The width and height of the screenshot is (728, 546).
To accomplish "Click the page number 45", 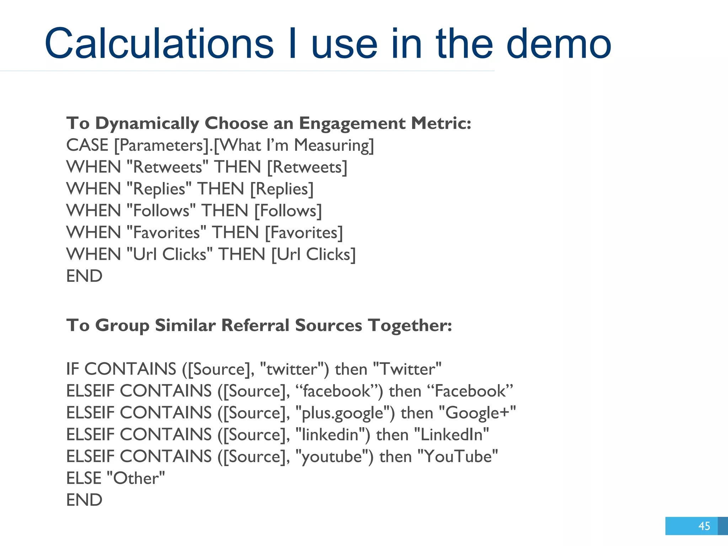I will click(704, 526).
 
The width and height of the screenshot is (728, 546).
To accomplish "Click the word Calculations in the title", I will click(159, 44).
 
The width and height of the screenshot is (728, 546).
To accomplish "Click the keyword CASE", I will click(87, 145).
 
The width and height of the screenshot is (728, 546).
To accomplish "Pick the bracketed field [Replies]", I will click(282, 189).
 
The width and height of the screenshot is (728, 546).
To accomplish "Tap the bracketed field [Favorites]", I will click(304, 233).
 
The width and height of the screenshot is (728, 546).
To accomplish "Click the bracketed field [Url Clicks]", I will click(313, 255).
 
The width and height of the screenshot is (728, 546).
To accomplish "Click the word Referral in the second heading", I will click(255, 325).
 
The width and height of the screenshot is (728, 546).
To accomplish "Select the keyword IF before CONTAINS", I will click(72, 369).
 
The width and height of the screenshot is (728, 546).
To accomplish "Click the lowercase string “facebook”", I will click(336, 391).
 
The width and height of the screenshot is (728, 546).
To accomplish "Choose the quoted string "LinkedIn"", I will click(451, 435).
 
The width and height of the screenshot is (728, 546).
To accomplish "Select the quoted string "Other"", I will click(136, 478).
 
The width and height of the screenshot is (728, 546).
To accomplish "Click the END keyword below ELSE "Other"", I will click(84, 500).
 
